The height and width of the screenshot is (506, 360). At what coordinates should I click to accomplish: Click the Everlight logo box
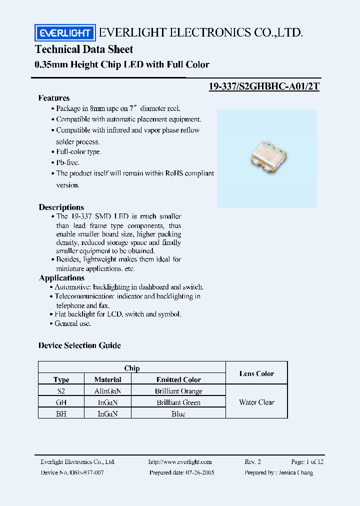coord(64,33)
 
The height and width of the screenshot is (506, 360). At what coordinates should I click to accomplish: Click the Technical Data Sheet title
coord(84,49)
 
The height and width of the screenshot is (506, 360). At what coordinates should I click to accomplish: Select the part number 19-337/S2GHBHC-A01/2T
coord(263,86)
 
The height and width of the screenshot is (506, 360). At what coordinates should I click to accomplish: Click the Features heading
coord(54,98)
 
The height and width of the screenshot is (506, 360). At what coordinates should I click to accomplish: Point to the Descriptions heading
coord(61,207)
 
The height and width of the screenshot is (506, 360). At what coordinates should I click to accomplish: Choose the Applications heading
coord(62,278)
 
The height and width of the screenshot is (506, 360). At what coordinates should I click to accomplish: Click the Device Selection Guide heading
coord(79,345)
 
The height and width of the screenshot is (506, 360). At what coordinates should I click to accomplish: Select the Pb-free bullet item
coord(67,162)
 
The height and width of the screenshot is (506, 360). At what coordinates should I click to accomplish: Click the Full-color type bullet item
coord(78,151)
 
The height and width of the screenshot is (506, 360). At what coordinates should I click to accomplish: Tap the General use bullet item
coord(72,323)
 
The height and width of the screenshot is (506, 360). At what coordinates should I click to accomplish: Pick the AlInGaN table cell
coord(107,391)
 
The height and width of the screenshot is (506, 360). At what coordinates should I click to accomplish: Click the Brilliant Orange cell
coord(178,391)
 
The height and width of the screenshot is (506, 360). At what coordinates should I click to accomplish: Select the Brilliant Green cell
coord(178,402)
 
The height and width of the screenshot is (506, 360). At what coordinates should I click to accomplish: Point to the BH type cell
coord(61,413)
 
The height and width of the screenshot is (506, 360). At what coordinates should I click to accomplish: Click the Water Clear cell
coord(256,402)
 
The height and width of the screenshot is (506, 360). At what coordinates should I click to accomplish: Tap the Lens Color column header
coord(256,373)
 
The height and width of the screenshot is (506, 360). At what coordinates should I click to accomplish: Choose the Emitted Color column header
coord(178,380)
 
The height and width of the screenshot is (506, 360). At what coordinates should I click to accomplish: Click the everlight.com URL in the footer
coord(180,462)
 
